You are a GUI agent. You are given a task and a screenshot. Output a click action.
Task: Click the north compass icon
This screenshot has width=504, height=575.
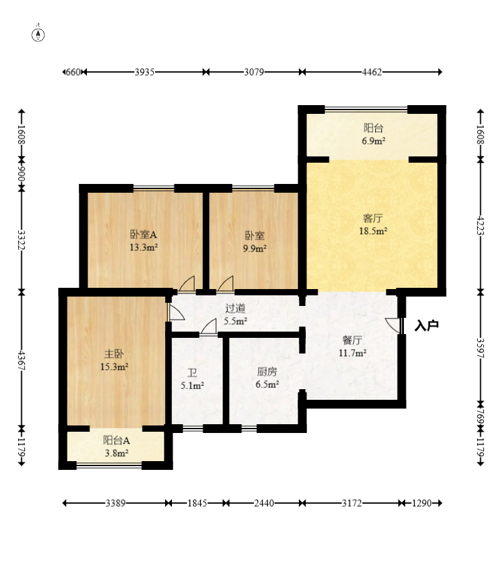pos(38,34)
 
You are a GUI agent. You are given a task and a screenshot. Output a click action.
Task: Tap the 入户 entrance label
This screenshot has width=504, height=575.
pos(426,325)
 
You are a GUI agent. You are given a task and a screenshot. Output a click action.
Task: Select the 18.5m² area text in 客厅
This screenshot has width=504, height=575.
pos(373,231)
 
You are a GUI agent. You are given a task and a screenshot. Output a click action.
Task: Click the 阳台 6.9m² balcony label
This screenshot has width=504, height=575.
pos(373,135)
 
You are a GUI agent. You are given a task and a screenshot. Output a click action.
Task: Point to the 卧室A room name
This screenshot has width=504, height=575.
pos(143,235)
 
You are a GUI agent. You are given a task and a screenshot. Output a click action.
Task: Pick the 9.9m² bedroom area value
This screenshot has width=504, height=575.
pos(255,248)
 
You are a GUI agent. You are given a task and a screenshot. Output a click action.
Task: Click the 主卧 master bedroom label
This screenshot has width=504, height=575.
pos(114,354)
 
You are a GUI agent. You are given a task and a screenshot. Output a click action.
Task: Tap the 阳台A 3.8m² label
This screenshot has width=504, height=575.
pos(116,447)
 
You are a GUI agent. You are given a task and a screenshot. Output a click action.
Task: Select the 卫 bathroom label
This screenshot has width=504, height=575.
pos(192,374)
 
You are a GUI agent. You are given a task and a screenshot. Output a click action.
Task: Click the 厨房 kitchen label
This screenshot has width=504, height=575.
pos(267,372)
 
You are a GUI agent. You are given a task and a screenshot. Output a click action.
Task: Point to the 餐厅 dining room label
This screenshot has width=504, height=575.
pos(352,340)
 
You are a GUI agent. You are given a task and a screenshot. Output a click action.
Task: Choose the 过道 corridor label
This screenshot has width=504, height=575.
pos(235,308)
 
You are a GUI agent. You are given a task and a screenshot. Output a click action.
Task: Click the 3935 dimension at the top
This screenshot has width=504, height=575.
pos(144,72)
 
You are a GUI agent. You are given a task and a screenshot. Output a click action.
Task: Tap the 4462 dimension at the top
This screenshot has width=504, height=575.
pos(372,72)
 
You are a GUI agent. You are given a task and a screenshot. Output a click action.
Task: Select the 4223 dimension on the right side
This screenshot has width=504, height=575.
pos(480,226)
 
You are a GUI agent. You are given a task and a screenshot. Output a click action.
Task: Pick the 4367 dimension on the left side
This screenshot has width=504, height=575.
pos(22,360)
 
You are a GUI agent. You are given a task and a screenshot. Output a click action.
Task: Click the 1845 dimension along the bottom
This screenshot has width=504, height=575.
pos(197,503)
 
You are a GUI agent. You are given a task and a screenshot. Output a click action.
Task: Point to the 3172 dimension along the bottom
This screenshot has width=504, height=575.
pos(352,503)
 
